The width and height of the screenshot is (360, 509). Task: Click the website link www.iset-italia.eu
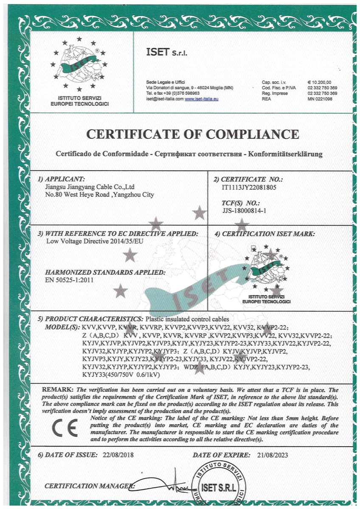201,98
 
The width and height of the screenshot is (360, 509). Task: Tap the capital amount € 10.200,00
319,82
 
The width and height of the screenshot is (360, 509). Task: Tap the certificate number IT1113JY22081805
249,187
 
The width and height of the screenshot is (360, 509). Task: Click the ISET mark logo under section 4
266,271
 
